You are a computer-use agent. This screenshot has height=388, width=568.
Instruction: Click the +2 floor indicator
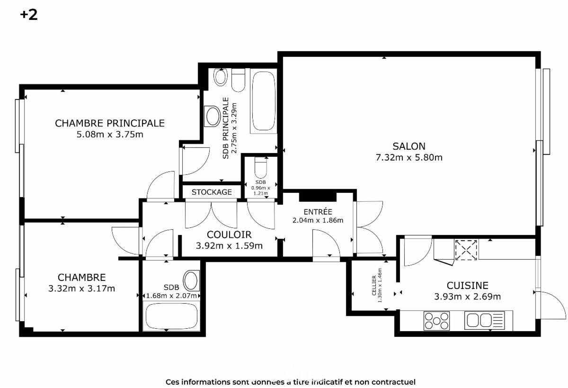pyautogui.click(x=29, y=15)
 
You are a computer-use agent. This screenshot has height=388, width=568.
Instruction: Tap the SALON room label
pyautogui.click(x=409, y=146)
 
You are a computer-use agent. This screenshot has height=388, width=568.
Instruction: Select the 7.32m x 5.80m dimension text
pyautogui.click(x=409, y=158)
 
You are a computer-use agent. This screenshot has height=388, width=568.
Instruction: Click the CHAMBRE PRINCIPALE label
pyautogui.click(x=110, y=123)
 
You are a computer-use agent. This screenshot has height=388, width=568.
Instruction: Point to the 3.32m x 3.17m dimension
pyautogui.click(x=81, y=289)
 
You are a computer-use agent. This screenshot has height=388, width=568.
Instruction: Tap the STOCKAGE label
pyautogui.click(x=212, y=192)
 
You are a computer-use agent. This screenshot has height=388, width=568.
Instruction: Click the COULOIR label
pyautogui.click(x=229, y=235)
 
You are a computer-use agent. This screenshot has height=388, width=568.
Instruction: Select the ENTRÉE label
pyautogui.click(x=318, y=212)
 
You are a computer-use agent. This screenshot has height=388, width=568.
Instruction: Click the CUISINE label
pyautogui.click(x=467, y=286)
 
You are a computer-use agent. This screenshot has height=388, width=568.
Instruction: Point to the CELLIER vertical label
pyautogui.click(x=374, y=286)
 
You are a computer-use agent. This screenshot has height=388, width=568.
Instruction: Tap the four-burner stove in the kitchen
pyautogui.click(x=436, y=321)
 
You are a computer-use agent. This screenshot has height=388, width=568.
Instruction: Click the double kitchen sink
pyautogui.click(x=484, y=320)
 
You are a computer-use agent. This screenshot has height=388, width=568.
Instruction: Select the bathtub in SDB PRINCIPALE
pyautogui.click(x=264, y=101)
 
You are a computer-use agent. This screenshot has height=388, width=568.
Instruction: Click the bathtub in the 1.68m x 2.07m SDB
pyautogui.click(x=171, y=316)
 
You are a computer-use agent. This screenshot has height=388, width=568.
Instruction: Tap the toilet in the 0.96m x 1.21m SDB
pyautogui.click(x=261, y=168)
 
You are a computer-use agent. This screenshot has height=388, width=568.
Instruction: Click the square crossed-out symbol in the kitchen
pyautogui.click(x=466, y=250)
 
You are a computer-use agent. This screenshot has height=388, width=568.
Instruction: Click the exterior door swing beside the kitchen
pyautogui.click(x=553, y=305)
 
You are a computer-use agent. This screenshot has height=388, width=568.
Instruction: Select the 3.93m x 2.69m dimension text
pyautogui.click(x=467, y=297)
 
